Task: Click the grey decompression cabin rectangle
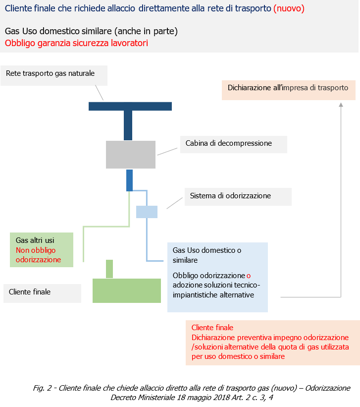point(131,154)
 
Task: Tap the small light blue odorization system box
point(147,212)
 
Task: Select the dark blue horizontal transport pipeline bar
point(130,106)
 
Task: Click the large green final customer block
point(127,291)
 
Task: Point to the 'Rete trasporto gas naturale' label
point(50,73)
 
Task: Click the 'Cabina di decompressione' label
point(229,143)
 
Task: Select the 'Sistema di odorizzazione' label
point(230,196)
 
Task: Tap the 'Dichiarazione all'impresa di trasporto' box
point(288,88)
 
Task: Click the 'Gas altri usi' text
point(35,240)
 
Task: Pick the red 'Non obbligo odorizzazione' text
point(38,255)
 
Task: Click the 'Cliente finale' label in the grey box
point(30,292)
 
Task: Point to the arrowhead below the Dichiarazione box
point(341,105)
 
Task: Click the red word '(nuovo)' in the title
point(289,8)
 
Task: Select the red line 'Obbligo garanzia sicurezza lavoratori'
point(76,43)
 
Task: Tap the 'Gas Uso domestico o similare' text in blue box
point(207,255)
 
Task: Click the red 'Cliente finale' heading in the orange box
point(212,328)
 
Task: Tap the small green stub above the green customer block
point(109,269)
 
